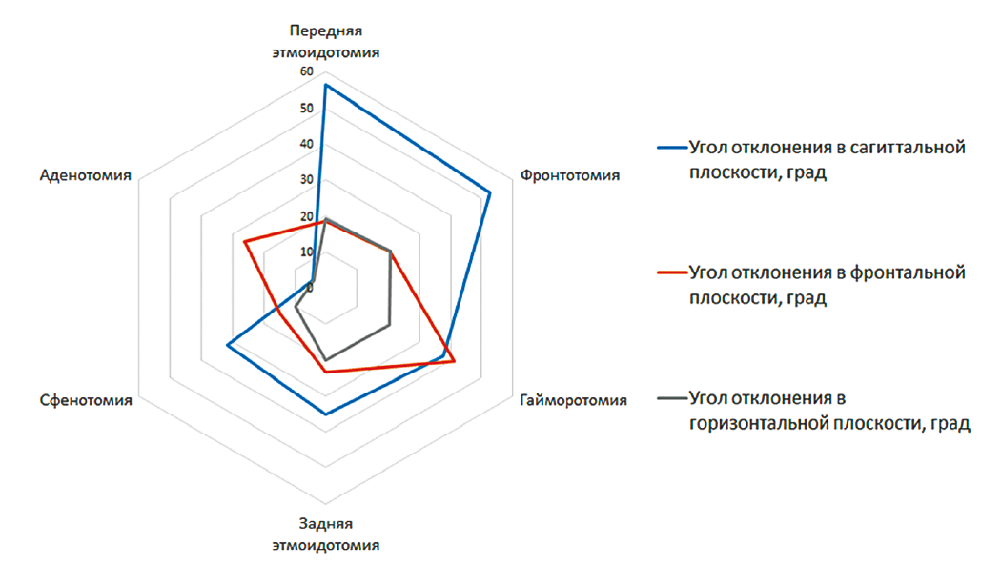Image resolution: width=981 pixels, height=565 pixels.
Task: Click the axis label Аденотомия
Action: pyautogui.click(x=86, y=175)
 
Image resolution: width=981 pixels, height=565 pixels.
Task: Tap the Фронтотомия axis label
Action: pyautogui.click(x=570, y=175)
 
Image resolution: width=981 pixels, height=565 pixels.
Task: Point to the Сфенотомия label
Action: pyautogui.click(x=84, y=400)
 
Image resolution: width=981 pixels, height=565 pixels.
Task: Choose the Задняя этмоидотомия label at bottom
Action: pyautogui.click(x=325, y=535)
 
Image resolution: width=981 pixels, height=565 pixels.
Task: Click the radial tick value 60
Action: pyautogui.click(x=305, y=72)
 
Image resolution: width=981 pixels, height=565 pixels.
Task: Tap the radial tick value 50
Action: pyautogui.click(x=305, y=109)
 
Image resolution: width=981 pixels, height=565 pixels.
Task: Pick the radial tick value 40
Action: pyautogui.click(x=305, y=145)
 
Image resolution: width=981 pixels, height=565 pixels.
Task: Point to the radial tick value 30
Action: pyautogui.click(x=305, y=180)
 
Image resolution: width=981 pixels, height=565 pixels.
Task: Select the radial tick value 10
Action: pyautogui.click(x=305, y=252)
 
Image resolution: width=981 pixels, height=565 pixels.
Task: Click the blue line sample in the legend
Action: pyautogui.click(x=671, y=149)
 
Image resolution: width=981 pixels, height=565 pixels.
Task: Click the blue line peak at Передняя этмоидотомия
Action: pyautogui.click(x=325, y=85)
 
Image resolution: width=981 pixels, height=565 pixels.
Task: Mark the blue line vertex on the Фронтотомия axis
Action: pyautogui.click(x=490, y=193)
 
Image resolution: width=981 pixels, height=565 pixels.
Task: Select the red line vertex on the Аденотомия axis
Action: pyautogui.click(x=245, y=242)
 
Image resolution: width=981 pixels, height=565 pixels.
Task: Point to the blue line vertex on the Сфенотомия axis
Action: pyautogui.click(x=227, y=345)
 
